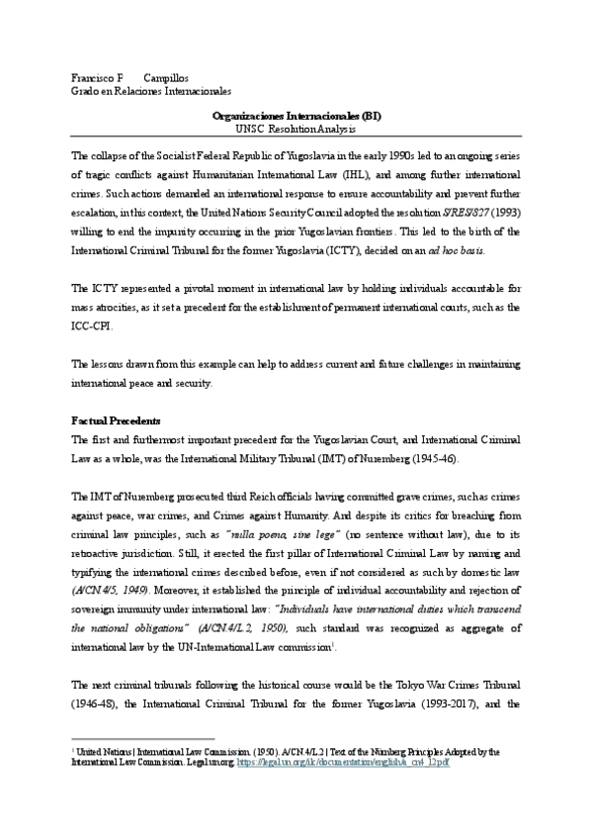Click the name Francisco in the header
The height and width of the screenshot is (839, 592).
pos(93,76)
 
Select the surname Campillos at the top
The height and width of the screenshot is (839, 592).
pos(166,76)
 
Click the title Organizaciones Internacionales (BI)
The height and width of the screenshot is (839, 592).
pos(297,116)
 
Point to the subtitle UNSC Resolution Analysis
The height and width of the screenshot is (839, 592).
pos(297,129)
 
